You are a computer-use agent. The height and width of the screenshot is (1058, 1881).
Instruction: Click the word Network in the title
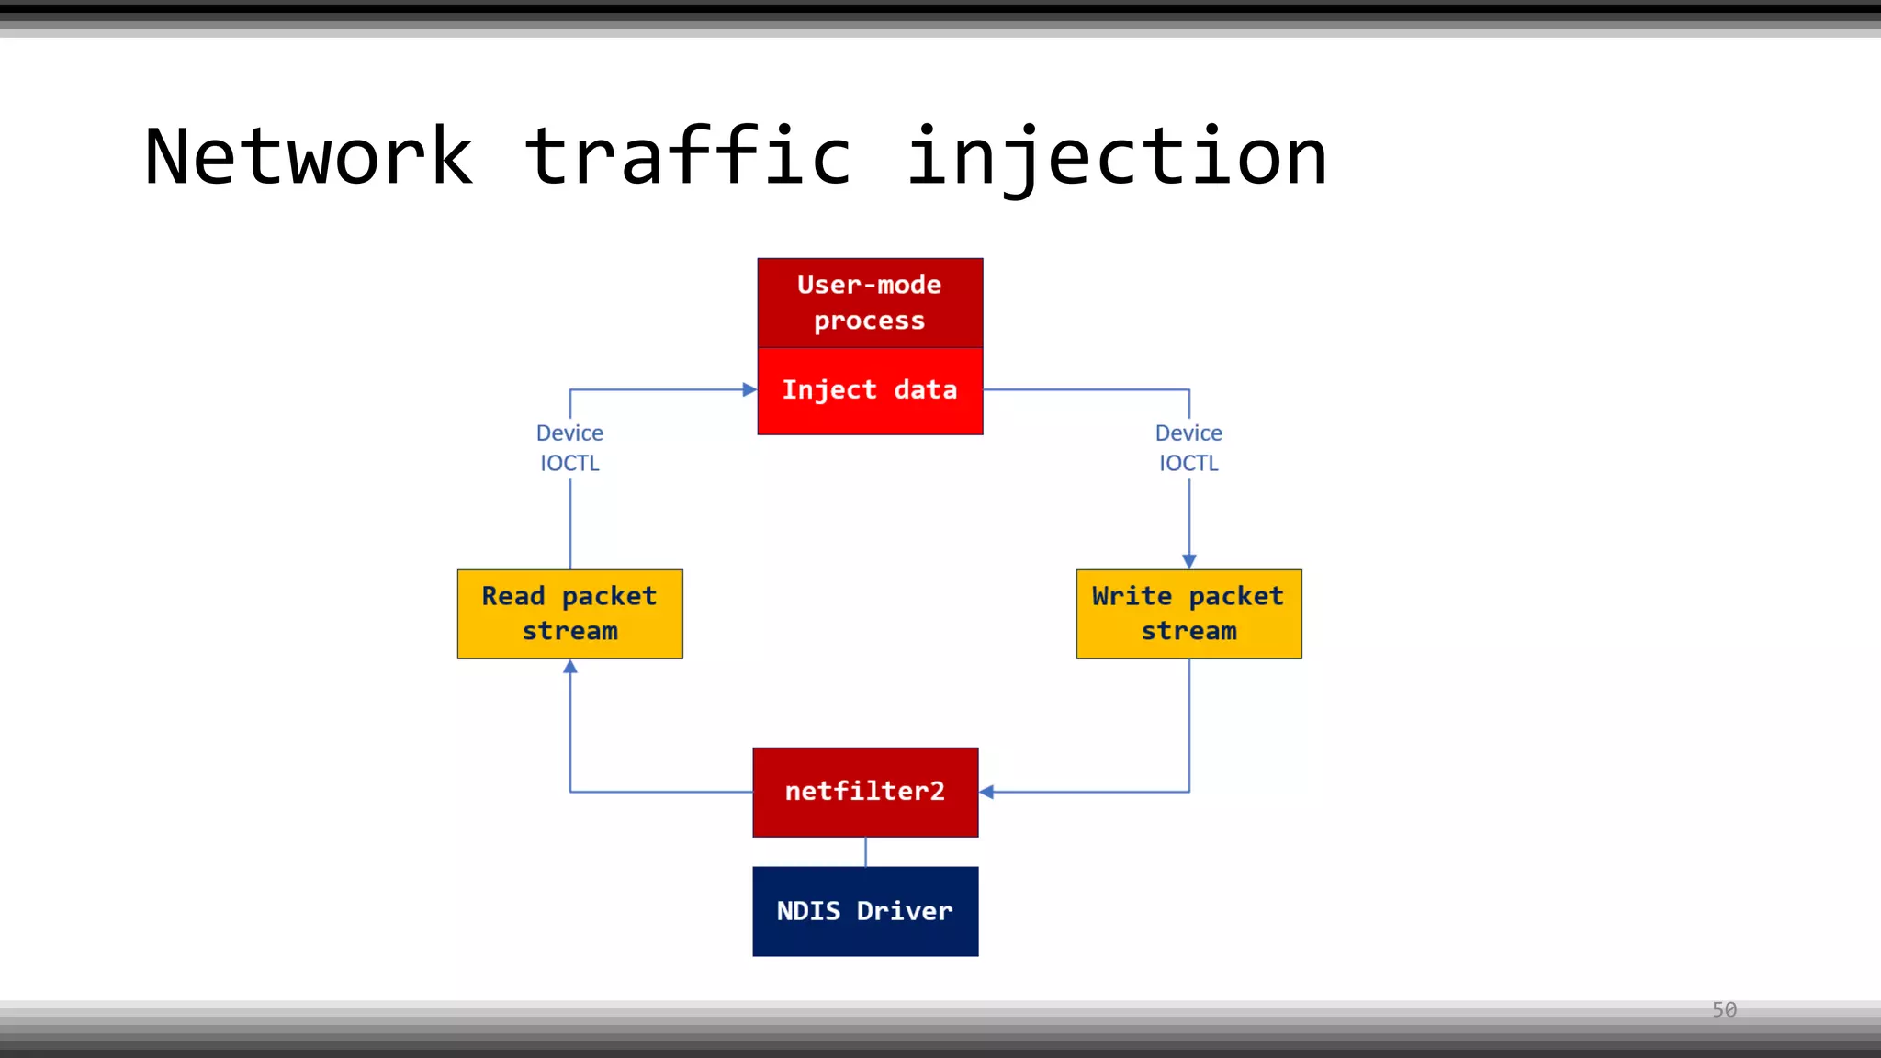point(309,157)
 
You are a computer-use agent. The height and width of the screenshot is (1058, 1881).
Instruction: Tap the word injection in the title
point(1116,157)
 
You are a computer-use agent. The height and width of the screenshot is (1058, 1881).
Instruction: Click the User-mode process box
point(870,302)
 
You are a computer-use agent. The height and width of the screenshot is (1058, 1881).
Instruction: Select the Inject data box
point(870,390)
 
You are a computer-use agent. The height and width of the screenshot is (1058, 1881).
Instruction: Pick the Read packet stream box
point(569,613)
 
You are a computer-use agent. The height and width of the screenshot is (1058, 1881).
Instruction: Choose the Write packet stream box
point(1188,613)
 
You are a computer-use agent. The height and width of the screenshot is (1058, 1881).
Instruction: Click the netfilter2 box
point(865,792)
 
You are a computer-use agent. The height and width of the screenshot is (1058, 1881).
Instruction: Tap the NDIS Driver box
point(865,911)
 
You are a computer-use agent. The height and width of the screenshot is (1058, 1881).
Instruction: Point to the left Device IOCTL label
point(569,447)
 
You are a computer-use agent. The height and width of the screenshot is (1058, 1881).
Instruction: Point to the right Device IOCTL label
point(1188,447)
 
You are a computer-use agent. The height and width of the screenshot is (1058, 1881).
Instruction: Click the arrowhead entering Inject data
point(749,389)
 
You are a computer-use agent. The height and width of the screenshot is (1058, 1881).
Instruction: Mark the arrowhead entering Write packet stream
point(1189,561)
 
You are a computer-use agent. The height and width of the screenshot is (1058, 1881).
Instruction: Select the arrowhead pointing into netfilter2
point(987,792)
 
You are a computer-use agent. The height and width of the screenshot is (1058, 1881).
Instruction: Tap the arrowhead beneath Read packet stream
point(570,668)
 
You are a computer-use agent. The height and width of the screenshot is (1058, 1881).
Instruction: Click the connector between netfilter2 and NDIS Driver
point(865,851)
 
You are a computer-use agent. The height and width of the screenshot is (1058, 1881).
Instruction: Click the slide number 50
point(1724,1010)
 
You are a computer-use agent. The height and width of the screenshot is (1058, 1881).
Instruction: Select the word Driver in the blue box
point(905,911)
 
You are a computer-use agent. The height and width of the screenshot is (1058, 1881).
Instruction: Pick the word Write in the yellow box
point(1132,596)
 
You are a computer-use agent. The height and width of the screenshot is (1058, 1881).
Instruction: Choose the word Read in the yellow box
point(513,596)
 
